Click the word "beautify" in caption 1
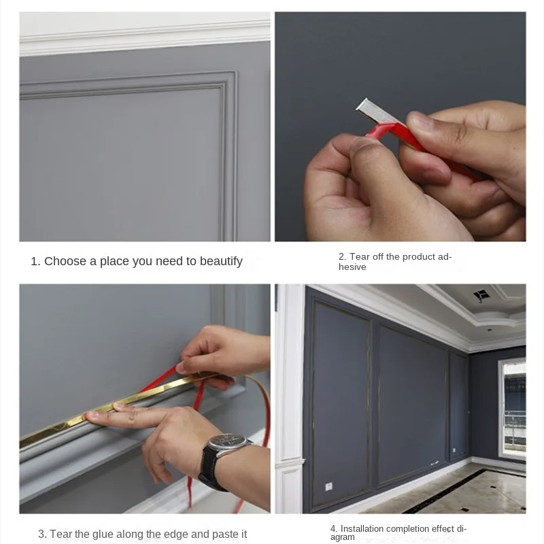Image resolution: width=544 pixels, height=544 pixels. (x=221, y=261)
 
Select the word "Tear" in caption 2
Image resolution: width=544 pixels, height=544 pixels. (x=359, y=257)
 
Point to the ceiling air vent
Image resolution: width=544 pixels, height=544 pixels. (x=481, y=295)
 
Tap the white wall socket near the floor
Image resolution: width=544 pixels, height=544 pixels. (x=328, y=486)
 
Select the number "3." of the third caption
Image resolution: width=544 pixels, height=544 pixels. (x=42, y=534)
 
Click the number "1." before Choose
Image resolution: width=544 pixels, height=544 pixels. (x=35, y=261)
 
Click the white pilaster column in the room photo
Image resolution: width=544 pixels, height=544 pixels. (x=290, y=399)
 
